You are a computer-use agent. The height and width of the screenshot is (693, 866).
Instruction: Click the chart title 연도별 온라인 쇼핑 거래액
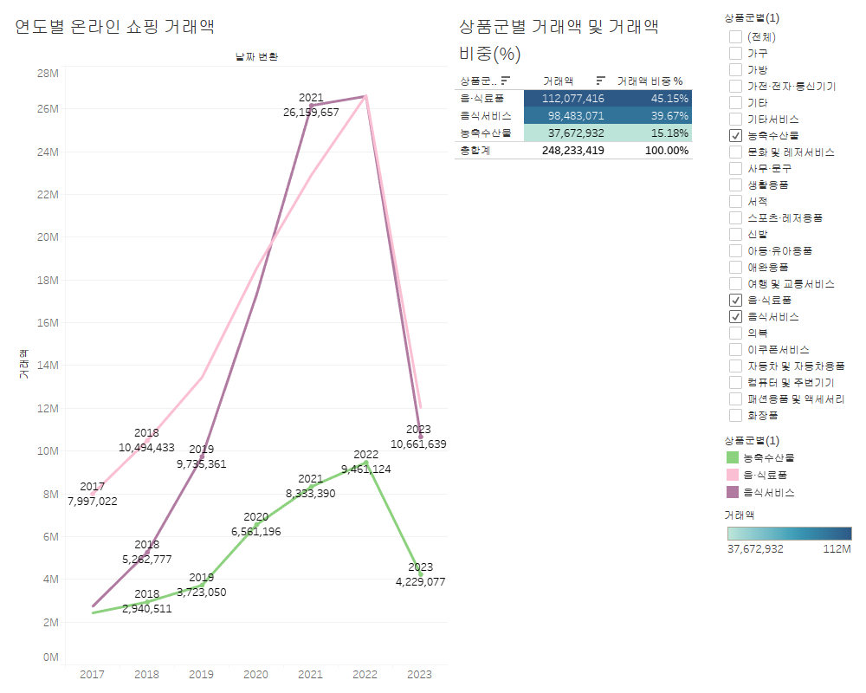pyautogui.click(x=115, y=27)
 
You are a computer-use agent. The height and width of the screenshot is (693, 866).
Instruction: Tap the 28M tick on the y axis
pyautogui.click(x=47, y=73)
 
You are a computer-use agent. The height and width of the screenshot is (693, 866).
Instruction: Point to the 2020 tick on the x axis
pyautogui.click(x=255, y=674)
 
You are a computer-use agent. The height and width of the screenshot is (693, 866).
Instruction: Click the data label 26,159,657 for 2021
pyautogui.click(x=311, y=112)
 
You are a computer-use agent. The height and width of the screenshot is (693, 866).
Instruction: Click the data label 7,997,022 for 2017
pyautogui.click(x=92, y=501)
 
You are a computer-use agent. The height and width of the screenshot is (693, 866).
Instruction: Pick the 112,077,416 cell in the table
pyautogui.click(x=573, y=98)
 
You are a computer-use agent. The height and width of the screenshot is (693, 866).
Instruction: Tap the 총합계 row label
pyautogui.click(x=475, y=150)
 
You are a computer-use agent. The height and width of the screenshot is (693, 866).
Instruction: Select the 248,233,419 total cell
pyautogui.click(x=573, y=150)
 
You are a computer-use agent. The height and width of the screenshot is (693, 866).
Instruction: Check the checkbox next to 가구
pyautogui.click(x=735, y=53)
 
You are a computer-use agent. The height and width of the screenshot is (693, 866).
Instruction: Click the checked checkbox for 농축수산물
pyautogui.click(x=735, y=135)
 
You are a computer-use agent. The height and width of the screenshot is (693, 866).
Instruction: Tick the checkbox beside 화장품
pyautogui.click(x=735, y=415)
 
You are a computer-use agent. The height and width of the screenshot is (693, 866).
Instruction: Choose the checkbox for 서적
pyautogui.click(x=735, y=201)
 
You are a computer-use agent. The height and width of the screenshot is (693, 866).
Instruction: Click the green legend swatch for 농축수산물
pyautogui.click(x=733, y=457)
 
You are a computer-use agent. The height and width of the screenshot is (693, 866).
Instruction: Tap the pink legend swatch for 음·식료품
pyautogui.click(x=733, y=475)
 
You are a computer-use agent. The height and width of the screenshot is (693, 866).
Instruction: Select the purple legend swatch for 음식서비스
pyautogui.click(x=733, y=492)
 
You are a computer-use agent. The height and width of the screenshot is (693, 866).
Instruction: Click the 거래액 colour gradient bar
pyautogui.click(x=788, y=534)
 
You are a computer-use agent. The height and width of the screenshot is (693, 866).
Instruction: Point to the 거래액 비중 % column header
pyautogui.click(x=649, y=81)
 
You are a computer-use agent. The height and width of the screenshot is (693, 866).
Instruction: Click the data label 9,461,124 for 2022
pyautogui.click(x=365, y=470)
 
